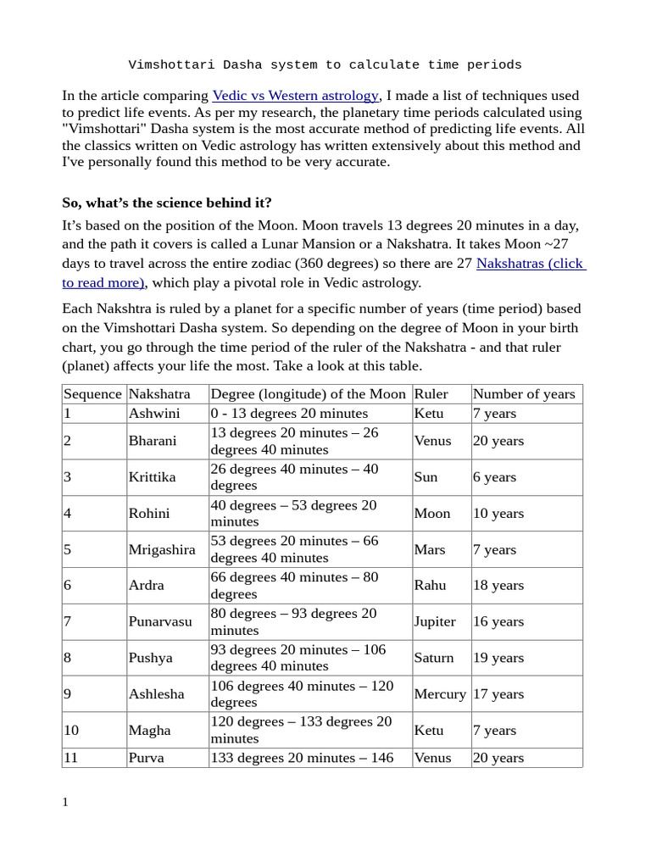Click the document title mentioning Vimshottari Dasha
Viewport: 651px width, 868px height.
[x=325, y=64]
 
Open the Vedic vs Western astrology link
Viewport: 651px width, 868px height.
[x=296, y=96]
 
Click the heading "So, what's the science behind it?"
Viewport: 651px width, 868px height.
[x=167, y=203]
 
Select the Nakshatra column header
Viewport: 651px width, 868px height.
[x=159, y=393]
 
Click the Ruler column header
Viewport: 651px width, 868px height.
[x=431, y=393]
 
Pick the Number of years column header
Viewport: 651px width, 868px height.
[x=523, y=393]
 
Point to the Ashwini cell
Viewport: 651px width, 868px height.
[x=153, y=413]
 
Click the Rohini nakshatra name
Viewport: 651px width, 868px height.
[x=149, y=513]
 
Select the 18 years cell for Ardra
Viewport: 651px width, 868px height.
[x=498, y=585]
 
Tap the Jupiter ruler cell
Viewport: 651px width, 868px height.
[x=435, y=621]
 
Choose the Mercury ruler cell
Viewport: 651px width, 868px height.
[x=439, y=693]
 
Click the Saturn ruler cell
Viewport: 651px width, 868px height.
[x=433, y=657]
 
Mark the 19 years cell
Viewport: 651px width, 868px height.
[x=498, y=657]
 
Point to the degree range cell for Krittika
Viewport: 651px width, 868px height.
[x=294, y=476]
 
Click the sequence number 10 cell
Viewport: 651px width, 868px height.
[x=71, y=730]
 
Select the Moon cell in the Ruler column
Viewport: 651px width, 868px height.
[x=431, y=513]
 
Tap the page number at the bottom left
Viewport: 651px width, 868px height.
[x=65, y=802]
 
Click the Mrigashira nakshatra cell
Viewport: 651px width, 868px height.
[x=162, y=549]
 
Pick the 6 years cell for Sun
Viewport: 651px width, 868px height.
[x=494, y=476]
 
